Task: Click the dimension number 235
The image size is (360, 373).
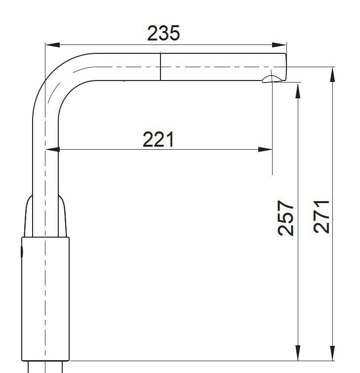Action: pos(163,33)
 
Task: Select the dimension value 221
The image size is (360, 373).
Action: pos(159,140)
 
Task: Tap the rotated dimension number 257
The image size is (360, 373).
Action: pos(286,217)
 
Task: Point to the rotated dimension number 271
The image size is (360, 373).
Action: pos(321,216)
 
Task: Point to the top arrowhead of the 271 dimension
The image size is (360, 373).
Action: pos(333,74)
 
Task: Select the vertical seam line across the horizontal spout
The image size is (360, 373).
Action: pos(160,66)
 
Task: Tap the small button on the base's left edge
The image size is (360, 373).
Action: pos(22,252)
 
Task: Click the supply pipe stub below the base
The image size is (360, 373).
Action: pos(45,367)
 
